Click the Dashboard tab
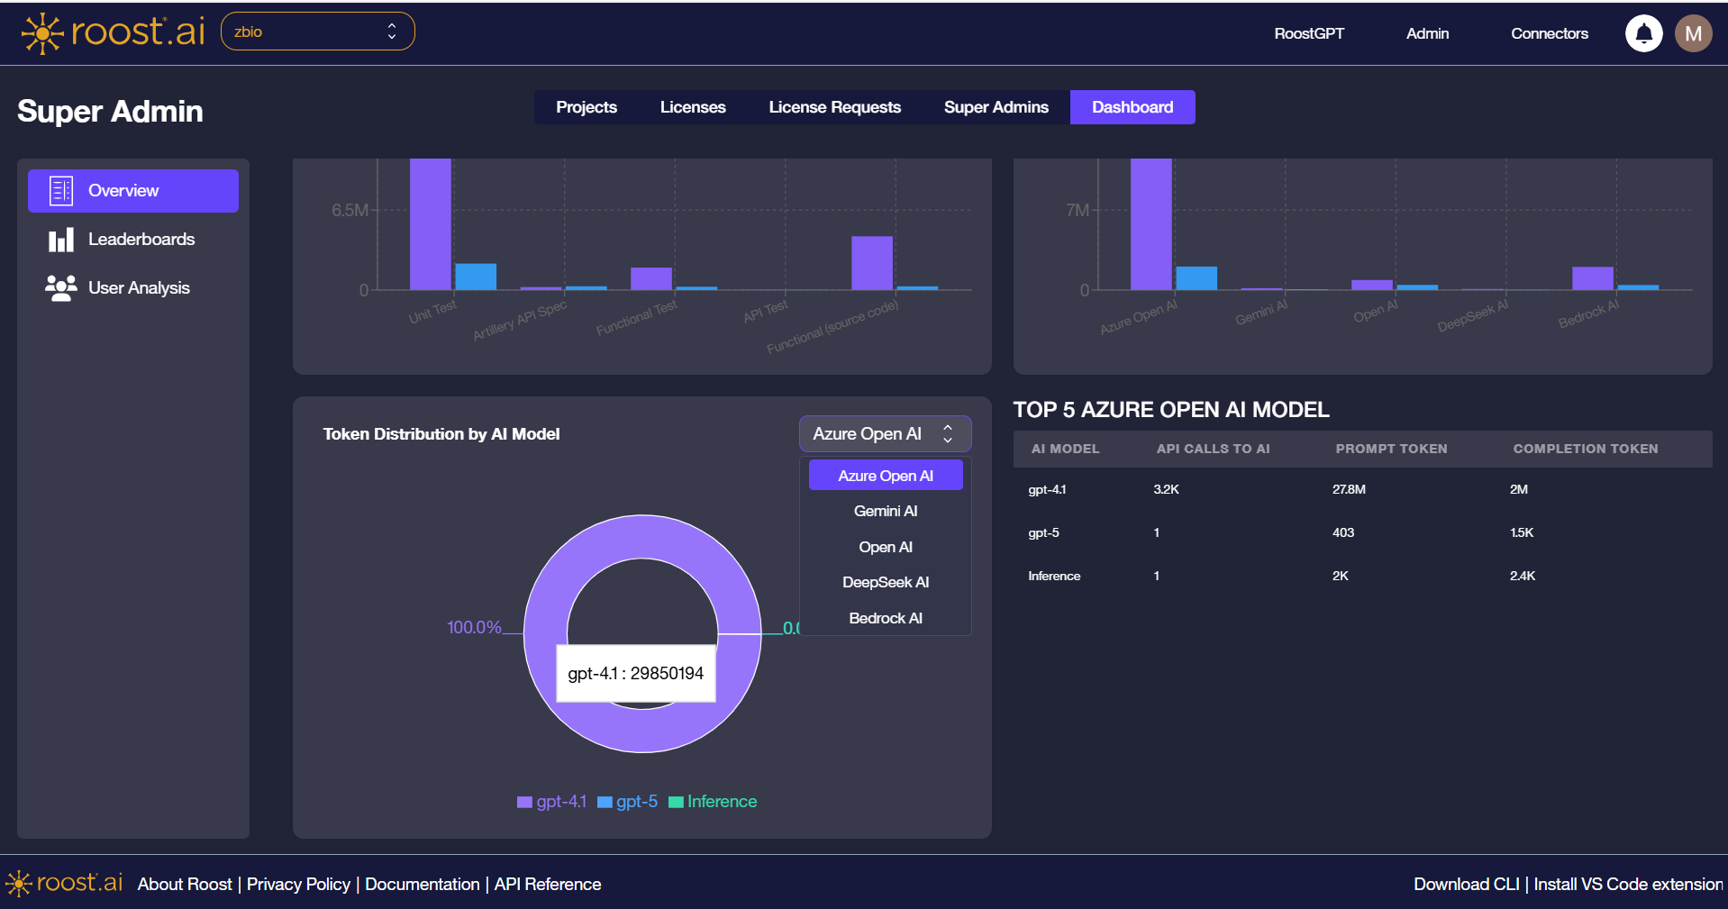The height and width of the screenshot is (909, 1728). coord(1132,107)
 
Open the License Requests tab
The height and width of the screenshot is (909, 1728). coord(834,107)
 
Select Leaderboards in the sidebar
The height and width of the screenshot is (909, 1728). coord(141,240)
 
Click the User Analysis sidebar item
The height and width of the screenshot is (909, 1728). coord(139,288)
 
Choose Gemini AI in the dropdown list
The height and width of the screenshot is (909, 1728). coord(885,511)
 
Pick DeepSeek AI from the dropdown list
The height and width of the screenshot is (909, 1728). coord(885,582)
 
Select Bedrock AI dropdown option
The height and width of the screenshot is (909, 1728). coord(885,618)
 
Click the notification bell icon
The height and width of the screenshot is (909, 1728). coord(1643,33)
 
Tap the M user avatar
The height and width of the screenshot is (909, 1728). coord(1693,33)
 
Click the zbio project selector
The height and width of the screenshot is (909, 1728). coord(317,32)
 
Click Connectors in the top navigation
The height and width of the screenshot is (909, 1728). coord(1549,33)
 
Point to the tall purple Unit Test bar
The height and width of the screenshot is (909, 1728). coord(430,225)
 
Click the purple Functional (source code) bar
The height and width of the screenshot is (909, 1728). coord(871,263)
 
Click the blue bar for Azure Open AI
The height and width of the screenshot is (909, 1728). coord(1196,277)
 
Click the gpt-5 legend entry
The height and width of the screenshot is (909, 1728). coord(628,802)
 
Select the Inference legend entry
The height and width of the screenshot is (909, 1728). coord(713,802)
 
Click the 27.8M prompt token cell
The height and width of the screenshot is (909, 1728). coord(1349,489)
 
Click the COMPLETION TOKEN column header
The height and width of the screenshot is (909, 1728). coord(1585,449)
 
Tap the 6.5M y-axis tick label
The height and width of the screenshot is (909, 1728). coord(349,210)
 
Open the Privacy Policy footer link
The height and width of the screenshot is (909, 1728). coord(298,884)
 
